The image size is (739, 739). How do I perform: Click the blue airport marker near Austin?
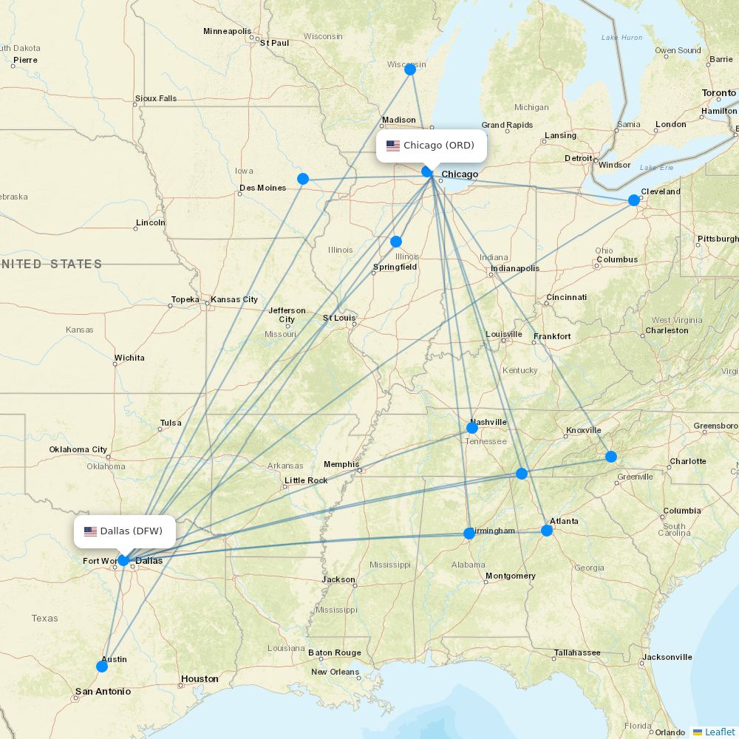click(102, 666)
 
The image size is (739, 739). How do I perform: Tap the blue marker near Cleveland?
click(634, 200)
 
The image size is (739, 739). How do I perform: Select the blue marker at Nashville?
click(472, 428)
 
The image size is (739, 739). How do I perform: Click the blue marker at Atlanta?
click(547, 531)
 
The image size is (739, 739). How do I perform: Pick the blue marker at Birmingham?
click(469, 534)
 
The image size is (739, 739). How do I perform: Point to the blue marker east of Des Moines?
click(303, 179)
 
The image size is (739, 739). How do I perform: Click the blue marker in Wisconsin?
click(410, 69)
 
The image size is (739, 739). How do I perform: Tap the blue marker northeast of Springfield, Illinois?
click(396, 242)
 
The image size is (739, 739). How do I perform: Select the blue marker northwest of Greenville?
click(611, 457)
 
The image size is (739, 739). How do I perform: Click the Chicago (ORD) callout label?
click(432, 146)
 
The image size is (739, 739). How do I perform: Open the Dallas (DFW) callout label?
click(125, 531)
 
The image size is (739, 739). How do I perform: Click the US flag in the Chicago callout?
click(393, 146)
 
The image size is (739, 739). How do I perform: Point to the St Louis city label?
click(339, 319)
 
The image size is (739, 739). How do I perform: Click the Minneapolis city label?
click(227, 31)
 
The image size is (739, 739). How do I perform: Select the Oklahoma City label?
click(78, 449)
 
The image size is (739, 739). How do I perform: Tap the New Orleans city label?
click(335, 672)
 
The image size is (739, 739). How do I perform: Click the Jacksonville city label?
click(667, 657)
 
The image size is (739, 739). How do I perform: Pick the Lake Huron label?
click(621, 37)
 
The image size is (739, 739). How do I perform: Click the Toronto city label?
click(718, 93)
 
